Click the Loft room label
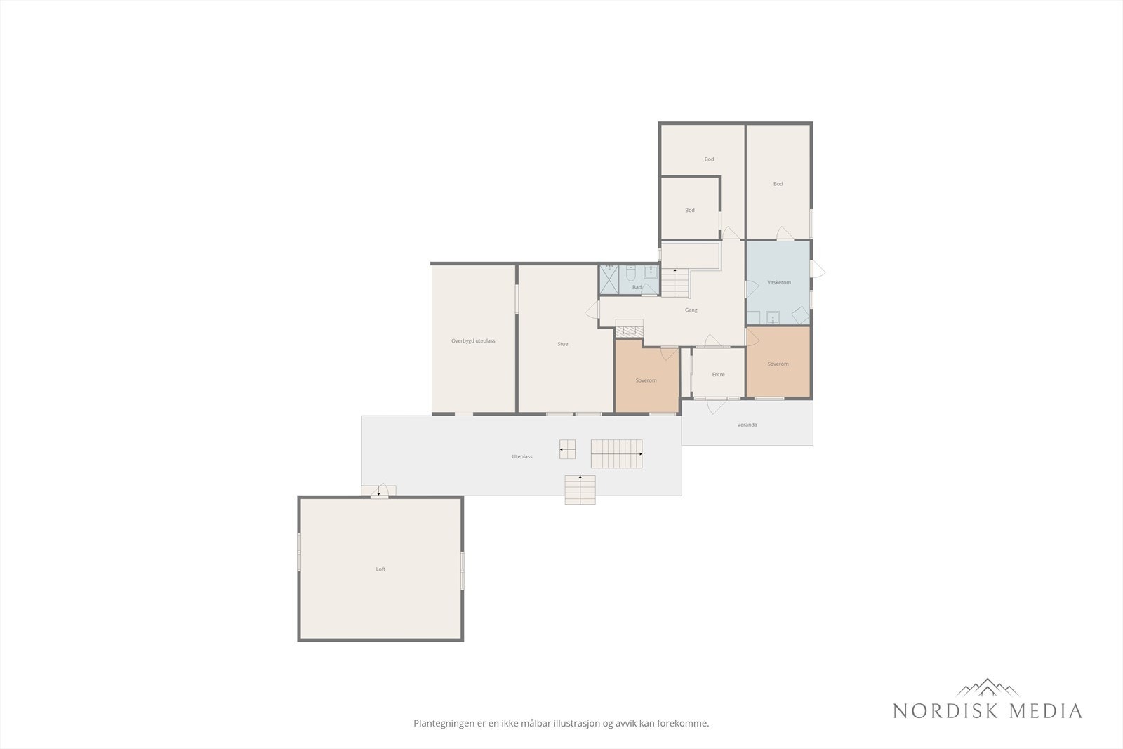click(x=380, y=569)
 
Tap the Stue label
click(x=562, y=344)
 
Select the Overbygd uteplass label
click(x=473, y=341)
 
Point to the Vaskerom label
click(x=778, y=282)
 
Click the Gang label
click(x=691, y=310)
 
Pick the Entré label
click(x=718, y=375)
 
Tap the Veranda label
click(x=747, y=425)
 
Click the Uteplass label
click(x=522, y=457)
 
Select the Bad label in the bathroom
click(x=637, y=287)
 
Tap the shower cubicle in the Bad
click(x=609, y=280)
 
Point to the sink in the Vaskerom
click(x=773, y=317)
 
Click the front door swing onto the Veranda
click(x=717, y=406)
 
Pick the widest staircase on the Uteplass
click(x=617, y=453)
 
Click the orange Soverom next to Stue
click(x=646, y=376)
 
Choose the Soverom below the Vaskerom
click(x=778, y=362)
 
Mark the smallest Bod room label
click(x=690, y=211)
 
